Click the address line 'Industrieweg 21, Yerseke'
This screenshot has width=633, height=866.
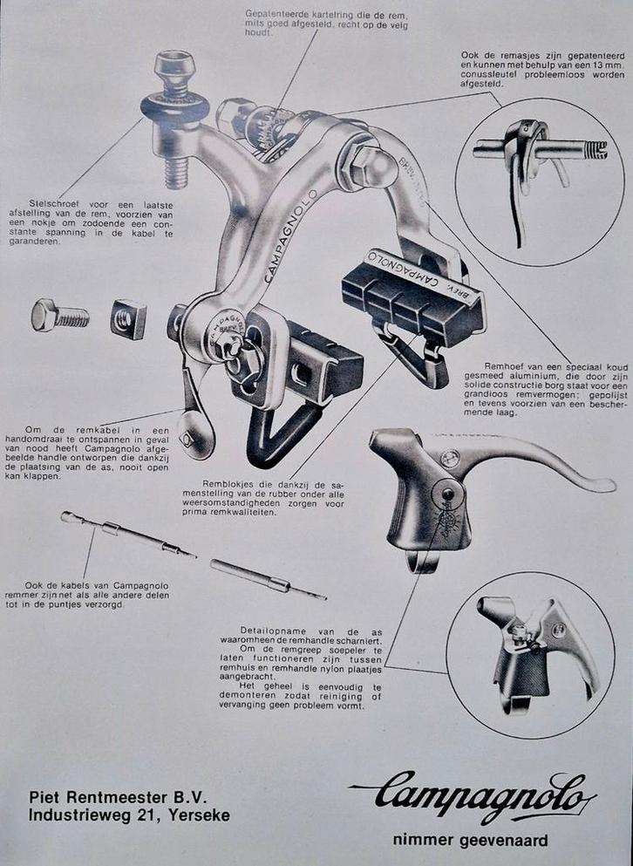[130, 815]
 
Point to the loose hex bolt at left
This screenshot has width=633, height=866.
[58, 315]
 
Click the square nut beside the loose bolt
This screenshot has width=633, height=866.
[128, 318]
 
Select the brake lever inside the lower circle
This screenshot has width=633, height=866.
[536, 650]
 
